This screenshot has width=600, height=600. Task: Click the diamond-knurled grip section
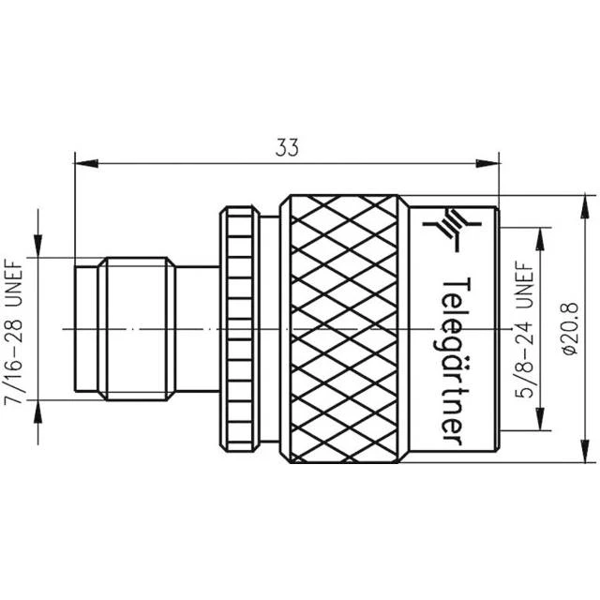pyautogui.click(x=347, y=327)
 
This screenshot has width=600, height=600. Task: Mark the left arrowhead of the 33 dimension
pyautogui.click(x=81, y=165)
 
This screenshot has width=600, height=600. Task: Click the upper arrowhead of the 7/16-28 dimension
pyautogui.click(x=37, y=247)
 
